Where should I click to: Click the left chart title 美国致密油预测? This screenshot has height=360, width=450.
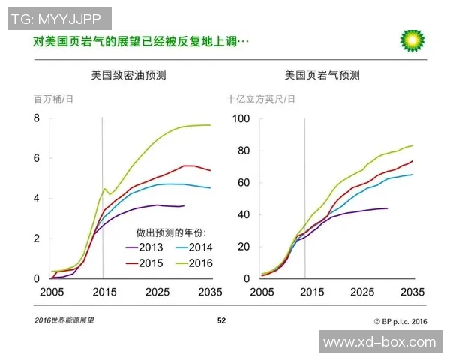pyautogui.click(x=128, y=76)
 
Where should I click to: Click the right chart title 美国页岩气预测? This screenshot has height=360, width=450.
pyautogui.click(x=322, y=76)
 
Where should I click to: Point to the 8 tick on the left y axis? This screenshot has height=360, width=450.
pyautogui.click(x=35, y=118)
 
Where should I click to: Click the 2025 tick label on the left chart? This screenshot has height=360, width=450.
pyautogui.click(x=157, y=291)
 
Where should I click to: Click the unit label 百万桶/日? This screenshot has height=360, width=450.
pyautogui.click(x=53, y=99)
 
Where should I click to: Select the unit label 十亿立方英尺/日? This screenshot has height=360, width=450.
pyautogui.click(x=262, y=99)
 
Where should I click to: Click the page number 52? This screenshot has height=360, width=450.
pyautogui.click(x=222, y=321)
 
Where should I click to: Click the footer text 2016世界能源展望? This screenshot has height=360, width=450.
pyautogui.click(x=64, y=321)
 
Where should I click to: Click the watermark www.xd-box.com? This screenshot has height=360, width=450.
pyautogui.click(x=379, y=342)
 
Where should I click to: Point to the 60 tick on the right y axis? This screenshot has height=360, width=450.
pyautogui.click(x=243, y=182)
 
